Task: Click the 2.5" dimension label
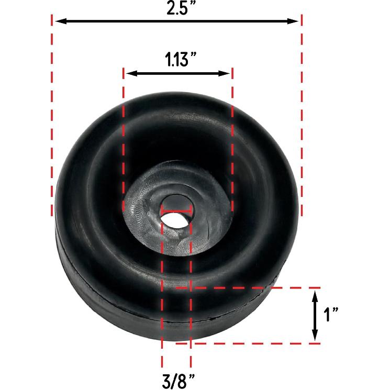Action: [177, 10]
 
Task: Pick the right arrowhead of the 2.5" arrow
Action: [294, 21]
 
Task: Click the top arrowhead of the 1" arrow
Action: [315, 296]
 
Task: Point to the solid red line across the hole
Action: [176, 212]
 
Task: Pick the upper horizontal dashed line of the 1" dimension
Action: [251, 288]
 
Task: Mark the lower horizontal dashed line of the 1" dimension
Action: [251, 343]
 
